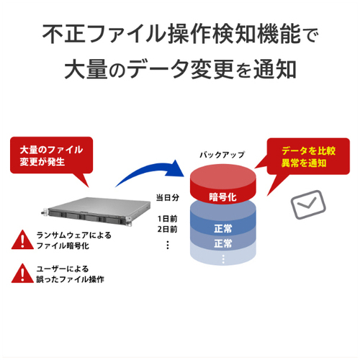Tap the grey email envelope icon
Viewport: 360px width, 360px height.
pyautogui.click(x=308, y=204)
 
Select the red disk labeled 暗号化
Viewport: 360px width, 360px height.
pyautogui.click(x=223, y=184)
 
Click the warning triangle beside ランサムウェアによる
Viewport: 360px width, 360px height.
pyautogui.click(x=22, y=240)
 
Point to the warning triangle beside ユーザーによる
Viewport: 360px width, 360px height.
pyautogui.click(x=22, y=274)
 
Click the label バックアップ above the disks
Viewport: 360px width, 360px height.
pyautogui.click(x=222, y=155)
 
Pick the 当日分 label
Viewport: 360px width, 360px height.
pyautogui.click(x=168, y=198)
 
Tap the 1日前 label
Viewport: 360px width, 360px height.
pyautogui.click(x=167, y=219)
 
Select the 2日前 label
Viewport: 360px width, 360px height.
pyautogui.click(x=167, y=229)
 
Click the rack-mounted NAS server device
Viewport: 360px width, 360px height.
pyautogui.click(x=96, y=211)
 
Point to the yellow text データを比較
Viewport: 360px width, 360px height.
pyautogui.click(x=308, y=151)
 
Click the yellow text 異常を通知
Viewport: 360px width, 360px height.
pyautogui.click(x=304, y=163)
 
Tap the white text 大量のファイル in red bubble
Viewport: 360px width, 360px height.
pyautogui.click(x=51, y=150)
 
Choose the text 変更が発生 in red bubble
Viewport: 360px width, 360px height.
pyautogui.click(x=42, y=162)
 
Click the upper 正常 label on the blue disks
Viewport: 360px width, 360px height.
pyautogui.click(x=223, y=228)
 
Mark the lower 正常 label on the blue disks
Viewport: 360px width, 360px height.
pyautogui.click(x=223, y=243)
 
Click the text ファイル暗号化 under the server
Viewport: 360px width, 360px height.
pyautogui.click(x=63, y=246)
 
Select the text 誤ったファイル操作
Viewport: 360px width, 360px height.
pyautogui.click(x=70, y=279)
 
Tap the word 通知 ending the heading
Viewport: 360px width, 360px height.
pyautogui.click(x=274, y=69)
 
